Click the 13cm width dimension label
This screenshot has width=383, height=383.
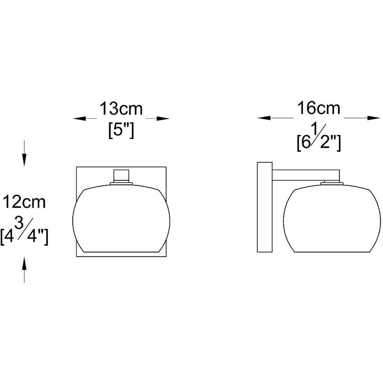pos(121,109)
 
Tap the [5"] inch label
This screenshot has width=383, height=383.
pos(121,131)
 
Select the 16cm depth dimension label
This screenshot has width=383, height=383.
pos(319,108)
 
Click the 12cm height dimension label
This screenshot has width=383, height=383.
pos(24,202)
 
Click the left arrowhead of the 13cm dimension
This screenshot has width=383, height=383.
pos(79,119)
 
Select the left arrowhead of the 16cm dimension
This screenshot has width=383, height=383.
pos(264,118)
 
